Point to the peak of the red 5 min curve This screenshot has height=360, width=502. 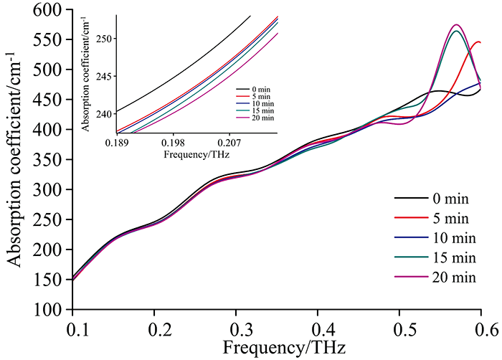coord(478,42)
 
